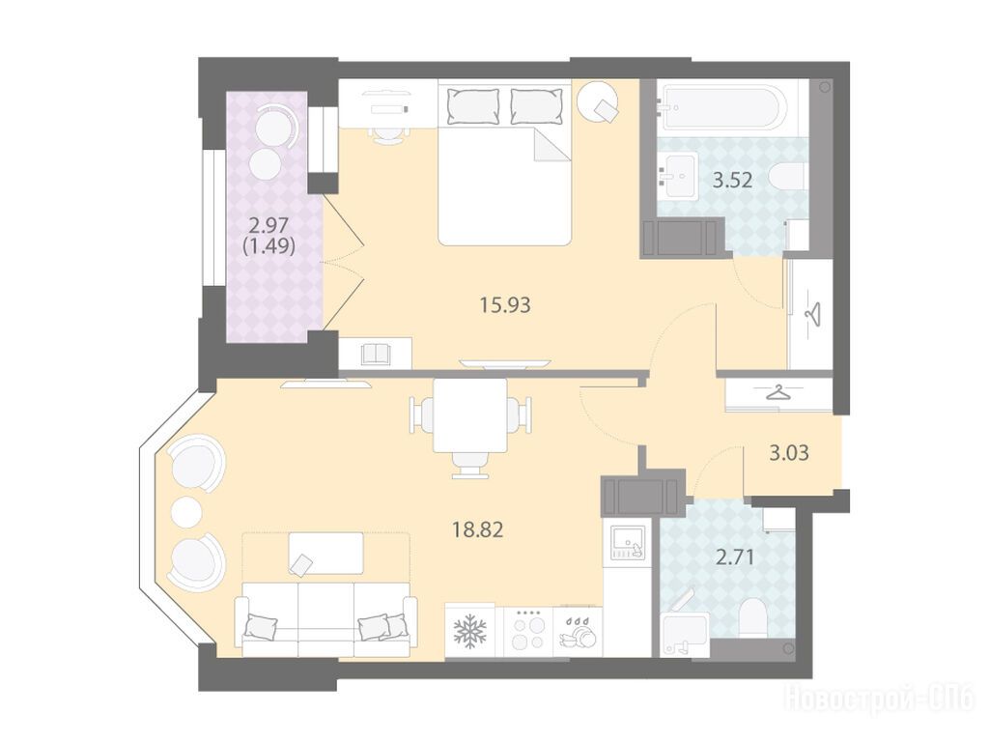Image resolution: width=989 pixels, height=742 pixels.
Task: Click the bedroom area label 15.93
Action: (505, 305)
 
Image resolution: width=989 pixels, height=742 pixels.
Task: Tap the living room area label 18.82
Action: (477, 529)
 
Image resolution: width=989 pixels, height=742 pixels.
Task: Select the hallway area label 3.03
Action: (789, 453)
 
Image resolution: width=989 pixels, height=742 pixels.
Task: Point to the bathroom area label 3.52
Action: (732, 181)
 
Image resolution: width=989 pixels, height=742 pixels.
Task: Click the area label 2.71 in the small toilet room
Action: (735, 557)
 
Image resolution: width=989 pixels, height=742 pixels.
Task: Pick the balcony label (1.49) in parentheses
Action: (269, 244)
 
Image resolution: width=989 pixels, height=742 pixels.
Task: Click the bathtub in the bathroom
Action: (721, 108)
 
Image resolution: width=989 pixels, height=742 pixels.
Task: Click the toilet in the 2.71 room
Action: (751, 618)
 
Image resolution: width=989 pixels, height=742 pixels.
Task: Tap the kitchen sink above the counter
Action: (628, 543)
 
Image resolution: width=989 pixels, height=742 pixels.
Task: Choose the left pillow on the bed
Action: (472, 105)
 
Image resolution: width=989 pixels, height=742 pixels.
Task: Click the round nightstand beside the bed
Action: (598, 101)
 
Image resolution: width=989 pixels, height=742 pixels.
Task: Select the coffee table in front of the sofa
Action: (325, 554)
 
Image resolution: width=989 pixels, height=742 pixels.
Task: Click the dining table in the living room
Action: (470, 415)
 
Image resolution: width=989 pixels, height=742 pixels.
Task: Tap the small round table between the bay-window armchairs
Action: (187, 512)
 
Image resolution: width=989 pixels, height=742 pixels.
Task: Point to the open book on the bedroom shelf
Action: (378, 354)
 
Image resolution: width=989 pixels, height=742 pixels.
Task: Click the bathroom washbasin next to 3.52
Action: (676, 176)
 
